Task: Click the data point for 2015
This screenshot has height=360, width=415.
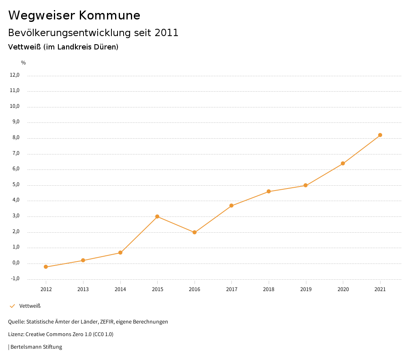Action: (x=157, y=216)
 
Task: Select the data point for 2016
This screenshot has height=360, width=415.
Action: (x=195, y=232)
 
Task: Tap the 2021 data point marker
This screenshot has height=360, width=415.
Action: (x=380, y=135)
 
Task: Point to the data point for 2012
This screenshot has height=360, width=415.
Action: (x=46, y=267)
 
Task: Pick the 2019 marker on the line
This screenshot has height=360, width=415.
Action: (x=306, y=186)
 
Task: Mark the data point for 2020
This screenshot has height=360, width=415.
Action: (x=343, y=163)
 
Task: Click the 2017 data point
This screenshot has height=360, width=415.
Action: (x=231, y=206)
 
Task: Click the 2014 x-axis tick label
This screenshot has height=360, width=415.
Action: (x=120, y=289)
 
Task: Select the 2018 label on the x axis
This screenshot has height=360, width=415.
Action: (x=269, y=289)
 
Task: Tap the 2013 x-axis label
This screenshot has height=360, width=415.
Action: (x=83, y=289)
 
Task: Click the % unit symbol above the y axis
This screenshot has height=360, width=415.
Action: (x=24, y=63)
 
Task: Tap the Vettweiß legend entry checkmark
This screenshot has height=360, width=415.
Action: (x=12, y=306)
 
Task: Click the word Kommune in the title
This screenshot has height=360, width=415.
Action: (x=109, y=15)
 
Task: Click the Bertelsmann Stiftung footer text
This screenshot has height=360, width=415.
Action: (x=36, y=347)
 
